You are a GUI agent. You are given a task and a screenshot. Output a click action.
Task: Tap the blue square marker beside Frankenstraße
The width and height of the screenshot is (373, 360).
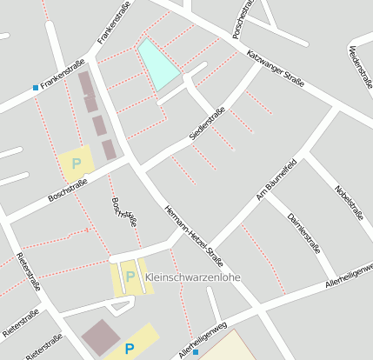tap(36, 87)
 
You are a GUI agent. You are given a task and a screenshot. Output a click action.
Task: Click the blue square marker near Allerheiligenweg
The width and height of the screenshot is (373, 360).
tap(196, 352)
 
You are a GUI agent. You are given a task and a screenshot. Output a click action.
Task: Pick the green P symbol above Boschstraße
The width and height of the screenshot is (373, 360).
tap(77, 163)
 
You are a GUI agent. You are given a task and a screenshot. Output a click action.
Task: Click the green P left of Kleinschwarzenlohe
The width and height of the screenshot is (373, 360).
tap(130, 277)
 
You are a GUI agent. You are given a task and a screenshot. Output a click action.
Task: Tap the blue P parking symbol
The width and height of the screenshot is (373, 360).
tap(130, 349)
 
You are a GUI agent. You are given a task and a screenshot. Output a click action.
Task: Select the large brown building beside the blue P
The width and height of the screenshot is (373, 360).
tap(103, 337)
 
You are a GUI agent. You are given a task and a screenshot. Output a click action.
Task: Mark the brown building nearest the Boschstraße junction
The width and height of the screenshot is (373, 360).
tap(109, 150)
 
